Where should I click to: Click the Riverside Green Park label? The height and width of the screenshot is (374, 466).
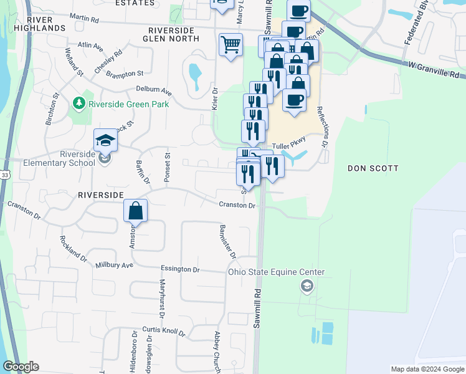pos(128,103)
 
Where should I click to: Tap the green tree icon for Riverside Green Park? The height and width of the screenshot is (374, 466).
pos(78,102)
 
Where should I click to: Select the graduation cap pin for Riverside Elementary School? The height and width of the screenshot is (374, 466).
pos(105,140)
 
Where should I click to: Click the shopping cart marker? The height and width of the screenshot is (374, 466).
pos(231,44)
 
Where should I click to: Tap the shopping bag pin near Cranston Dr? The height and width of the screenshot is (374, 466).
pos(135,211)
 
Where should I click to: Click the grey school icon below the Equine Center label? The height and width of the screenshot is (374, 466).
pos(306,286)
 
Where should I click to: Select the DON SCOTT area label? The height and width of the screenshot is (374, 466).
pos(373,168)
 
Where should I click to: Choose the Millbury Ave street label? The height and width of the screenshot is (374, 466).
pos(115,266)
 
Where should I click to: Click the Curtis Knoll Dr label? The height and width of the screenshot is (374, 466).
pos(164,330)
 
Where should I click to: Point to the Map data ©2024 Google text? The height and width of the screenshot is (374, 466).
pos(427,369)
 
